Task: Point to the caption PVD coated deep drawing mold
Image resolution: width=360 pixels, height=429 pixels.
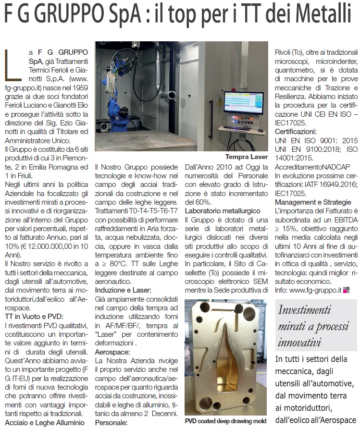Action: coord(226,420)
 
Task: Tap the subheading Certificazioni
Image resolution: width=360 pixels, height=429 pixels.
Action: coord(295,131)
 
